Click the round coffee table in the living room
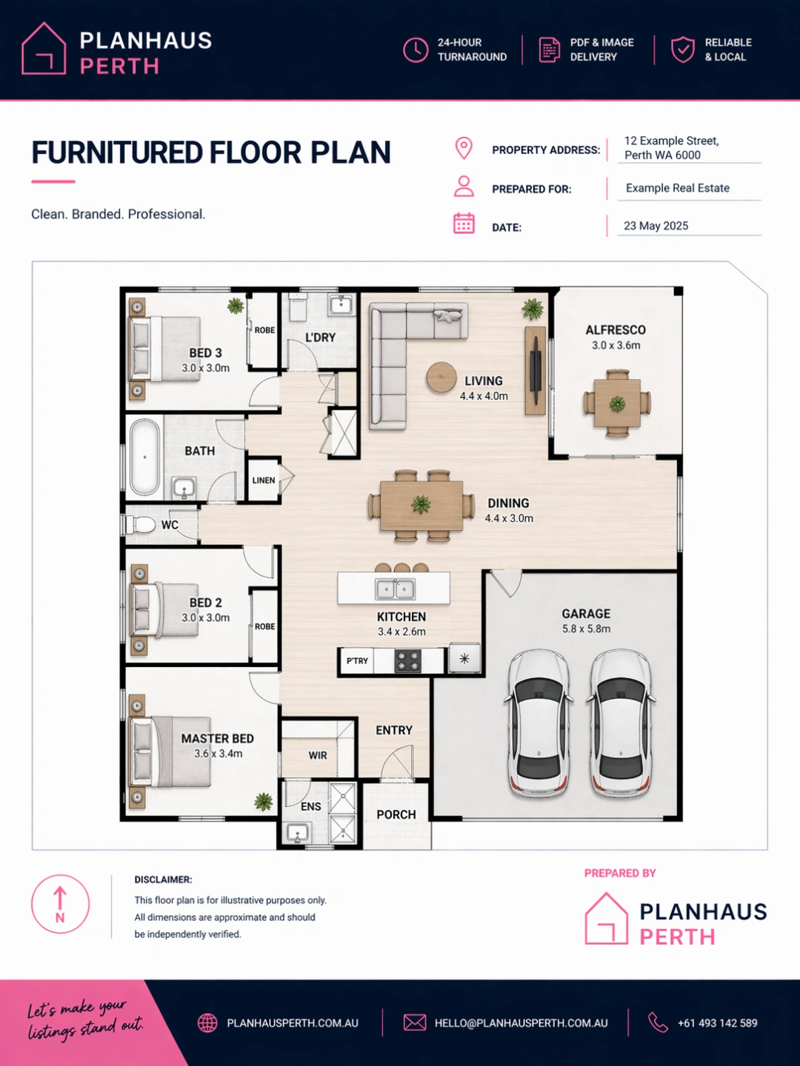[441, 377]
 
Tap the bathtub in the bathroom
[144, 457]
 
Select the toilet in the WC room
[141, 525]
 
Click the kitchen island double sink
[396, 589]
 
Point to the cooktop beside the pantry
[407, 660]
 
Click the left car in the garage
[539, 723]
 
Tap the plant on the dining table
[421, 504]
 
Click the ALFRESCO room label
[616, 330]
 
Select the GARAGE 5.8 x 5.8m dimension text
[586, 629]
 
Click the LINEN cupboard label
[264, 480]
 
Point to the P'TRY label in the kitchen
[357, 660]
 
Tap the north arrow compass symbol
[60, 904]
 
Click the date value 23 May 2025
[656, 226]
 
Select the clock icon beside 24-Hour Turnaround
[416, 50]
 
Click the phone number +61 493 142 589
[718, 1023]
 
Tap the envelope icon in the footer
[414, 1023]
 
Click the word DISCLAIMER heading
[163, 879]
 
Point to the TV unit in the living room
[536, 371]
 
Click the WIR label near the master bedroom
[318, 756]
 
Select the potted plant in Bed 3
[236, 306]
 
